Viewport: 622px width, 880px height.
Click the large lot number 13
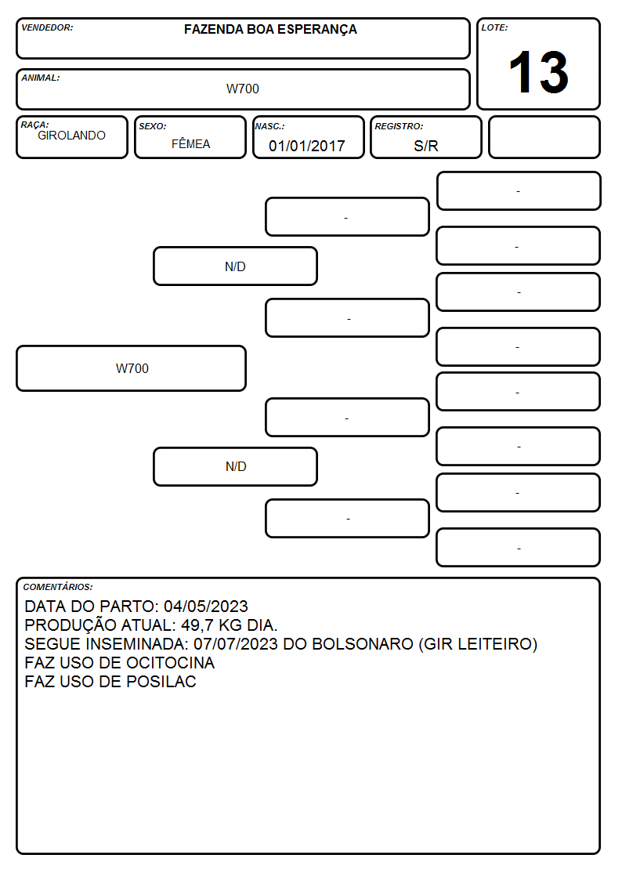(538, 72)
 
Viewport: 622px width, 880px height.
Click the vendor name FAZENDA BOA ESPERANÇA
(270, 30)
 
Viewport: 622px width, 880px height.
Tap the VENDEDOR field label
(47, 27)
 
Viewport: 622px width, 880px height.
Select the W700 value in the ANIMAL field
(243, 89)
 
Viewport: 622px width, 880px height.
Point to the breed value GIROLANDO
(71, 136)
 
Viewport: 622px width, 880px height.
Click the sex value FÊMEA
(190, 143)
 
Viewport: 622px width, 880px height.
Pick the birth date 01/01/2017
(307, 146)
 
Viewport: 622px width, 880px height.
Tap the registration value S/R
(425, 146)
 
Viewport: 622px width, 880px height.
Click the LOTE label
(494, 27)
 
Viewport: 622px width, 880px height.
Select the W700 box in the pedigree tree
(132, 368)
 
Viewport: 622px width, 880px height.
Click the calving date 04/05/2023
(206, 606)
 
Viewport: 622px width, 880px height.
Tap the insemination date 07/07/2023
(236, 643)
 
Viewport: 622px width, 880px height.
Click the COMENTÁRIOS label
(58, 587)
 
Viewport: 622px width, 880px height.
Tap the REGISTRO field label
(399, 127)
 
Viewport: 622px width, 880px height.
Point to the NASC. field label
(269, 127)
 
